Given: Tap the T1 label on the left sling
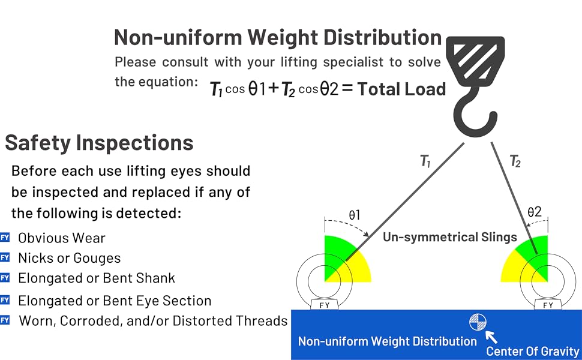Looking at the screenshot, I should [x=425, y=161].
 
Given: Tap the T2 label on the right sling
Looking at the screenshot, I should [x=515, y=160].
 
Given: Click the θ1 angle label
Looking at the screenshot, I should [x=355, y=214].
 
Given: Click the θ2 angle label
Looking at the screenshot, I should [x=534, y=212].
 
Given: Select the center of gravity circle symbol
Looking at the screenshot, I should [x=478, y=322].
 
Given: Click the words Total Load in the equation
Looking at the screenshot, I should [x=401, y=89].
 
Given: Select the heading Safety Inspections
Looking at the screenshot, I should [x=99, y=143].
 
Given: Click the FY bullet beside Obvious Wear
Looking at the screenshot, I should [x=5, y=238].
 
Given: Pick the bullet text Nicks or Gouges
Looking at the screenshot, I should [x=69, y=258].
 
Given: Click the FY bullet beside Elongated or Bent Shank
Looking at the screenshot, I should [x=5, y=278].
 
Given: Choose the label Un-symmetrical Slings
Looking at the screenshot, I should [x=449, y=237].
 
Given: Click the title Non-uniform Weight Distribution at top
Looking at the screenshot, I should [x=278, y=37].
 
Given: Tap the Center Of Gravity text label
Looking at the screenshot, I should [x=533, y=352].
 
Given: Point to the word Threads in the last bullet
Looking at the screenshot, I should [x=259, y=320].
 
